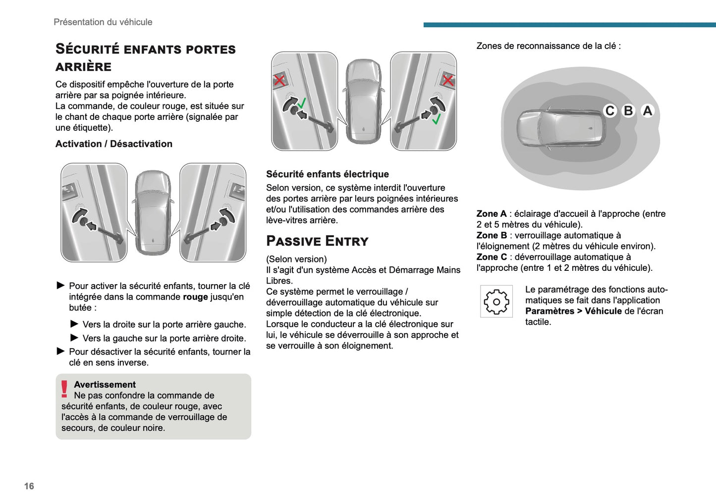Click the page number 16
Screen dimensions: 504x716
point(29,486)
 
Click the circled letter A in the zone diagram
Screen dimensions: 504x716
point(647,110)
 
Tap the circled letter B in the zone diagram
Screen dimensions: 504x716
point(628,110)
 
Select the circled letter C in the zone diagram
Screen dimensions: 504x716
point(610,110)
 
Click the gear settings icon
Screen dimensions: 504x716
point(496,302)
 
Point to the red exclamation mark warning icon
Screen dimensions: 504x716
point(64,389)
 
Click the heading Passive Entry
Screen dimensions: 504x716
point(317,241)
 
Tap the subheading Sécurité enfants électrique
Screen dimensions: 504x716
point(327,174)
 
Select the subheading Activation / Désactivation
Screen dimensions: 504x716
point(114,144)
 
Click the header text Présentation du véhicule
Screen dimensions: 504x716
point(103,22)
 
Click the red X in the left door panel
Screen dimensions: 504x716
point(279,80)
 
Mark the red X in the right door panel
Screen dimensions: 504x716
point(448,80)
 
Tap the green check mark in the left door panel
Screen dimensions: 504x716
point(302,103)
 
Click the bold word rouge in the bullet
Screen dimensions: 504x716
point(195,297)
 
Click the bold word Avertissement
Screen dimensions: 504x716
point(105,385)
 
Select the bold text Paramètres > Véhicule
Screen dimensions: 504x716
point(573,311)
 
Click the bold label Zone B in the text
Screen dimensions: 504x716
point(492,236)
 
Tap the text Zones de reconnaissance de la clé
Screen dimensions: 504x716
point(548,46)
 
